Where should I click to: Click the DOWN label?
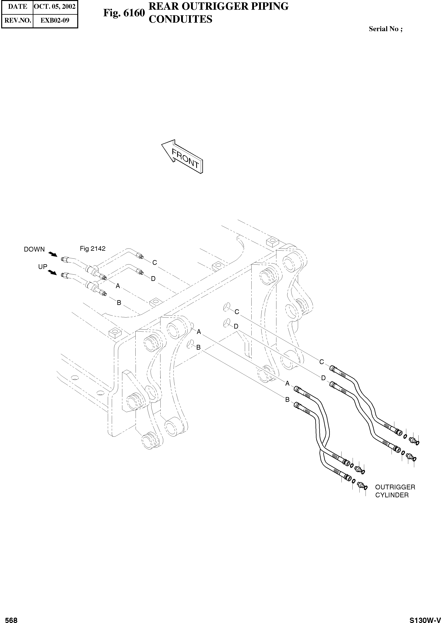(34, 249)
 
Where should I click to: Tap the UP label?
(43, 267)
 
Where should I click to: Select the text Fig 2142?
(93, 248)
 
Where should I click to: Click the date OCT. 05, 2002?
(55, 7)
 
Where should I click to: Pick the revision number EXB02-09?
(55, 20)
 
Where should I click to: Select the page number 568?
(11, 618)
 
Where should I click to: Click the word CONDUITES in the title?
(180, 19)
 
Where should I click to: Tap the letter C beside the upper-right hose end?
(321, 362)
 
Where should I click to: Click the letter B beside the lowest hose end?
(287, 400)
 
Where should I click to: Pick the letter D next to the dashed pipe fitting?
(153, 279)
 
